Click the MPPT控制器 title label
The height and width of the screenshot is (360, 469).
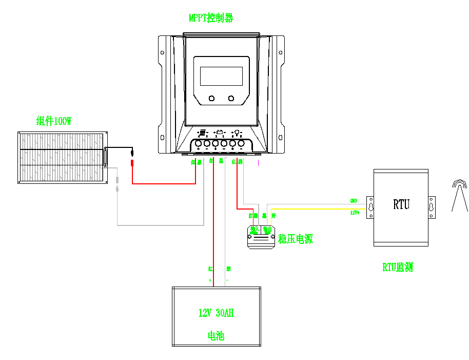[211, 18]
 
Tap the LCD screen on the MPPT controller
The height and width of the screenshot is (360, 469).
[221, 76]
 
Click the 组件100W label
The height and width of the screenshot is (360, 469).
[54, 122]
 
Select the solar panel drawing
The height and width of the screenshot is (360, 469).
[62, 157]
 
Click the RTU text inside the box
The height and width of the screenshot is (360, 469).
[401, 204]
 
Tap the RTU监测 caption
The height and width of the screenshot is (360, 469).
[398, 267]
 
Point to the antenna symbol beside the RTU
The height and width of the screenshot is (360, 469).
[459, 195]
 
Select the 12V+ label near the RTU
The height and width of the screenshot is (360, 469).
[354, 212]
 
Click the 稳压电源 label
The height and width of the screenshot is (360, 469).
[296, 239]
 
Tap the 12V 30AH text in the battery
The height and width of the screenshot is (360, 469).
[216, 313]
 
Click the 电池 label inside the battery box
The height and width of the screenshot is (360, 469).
[216, 336]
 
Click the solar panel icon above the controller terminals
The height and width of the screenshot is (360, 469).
[202, 132]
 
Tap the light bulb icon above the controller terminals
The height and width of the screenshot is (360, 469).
[238, 132]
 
